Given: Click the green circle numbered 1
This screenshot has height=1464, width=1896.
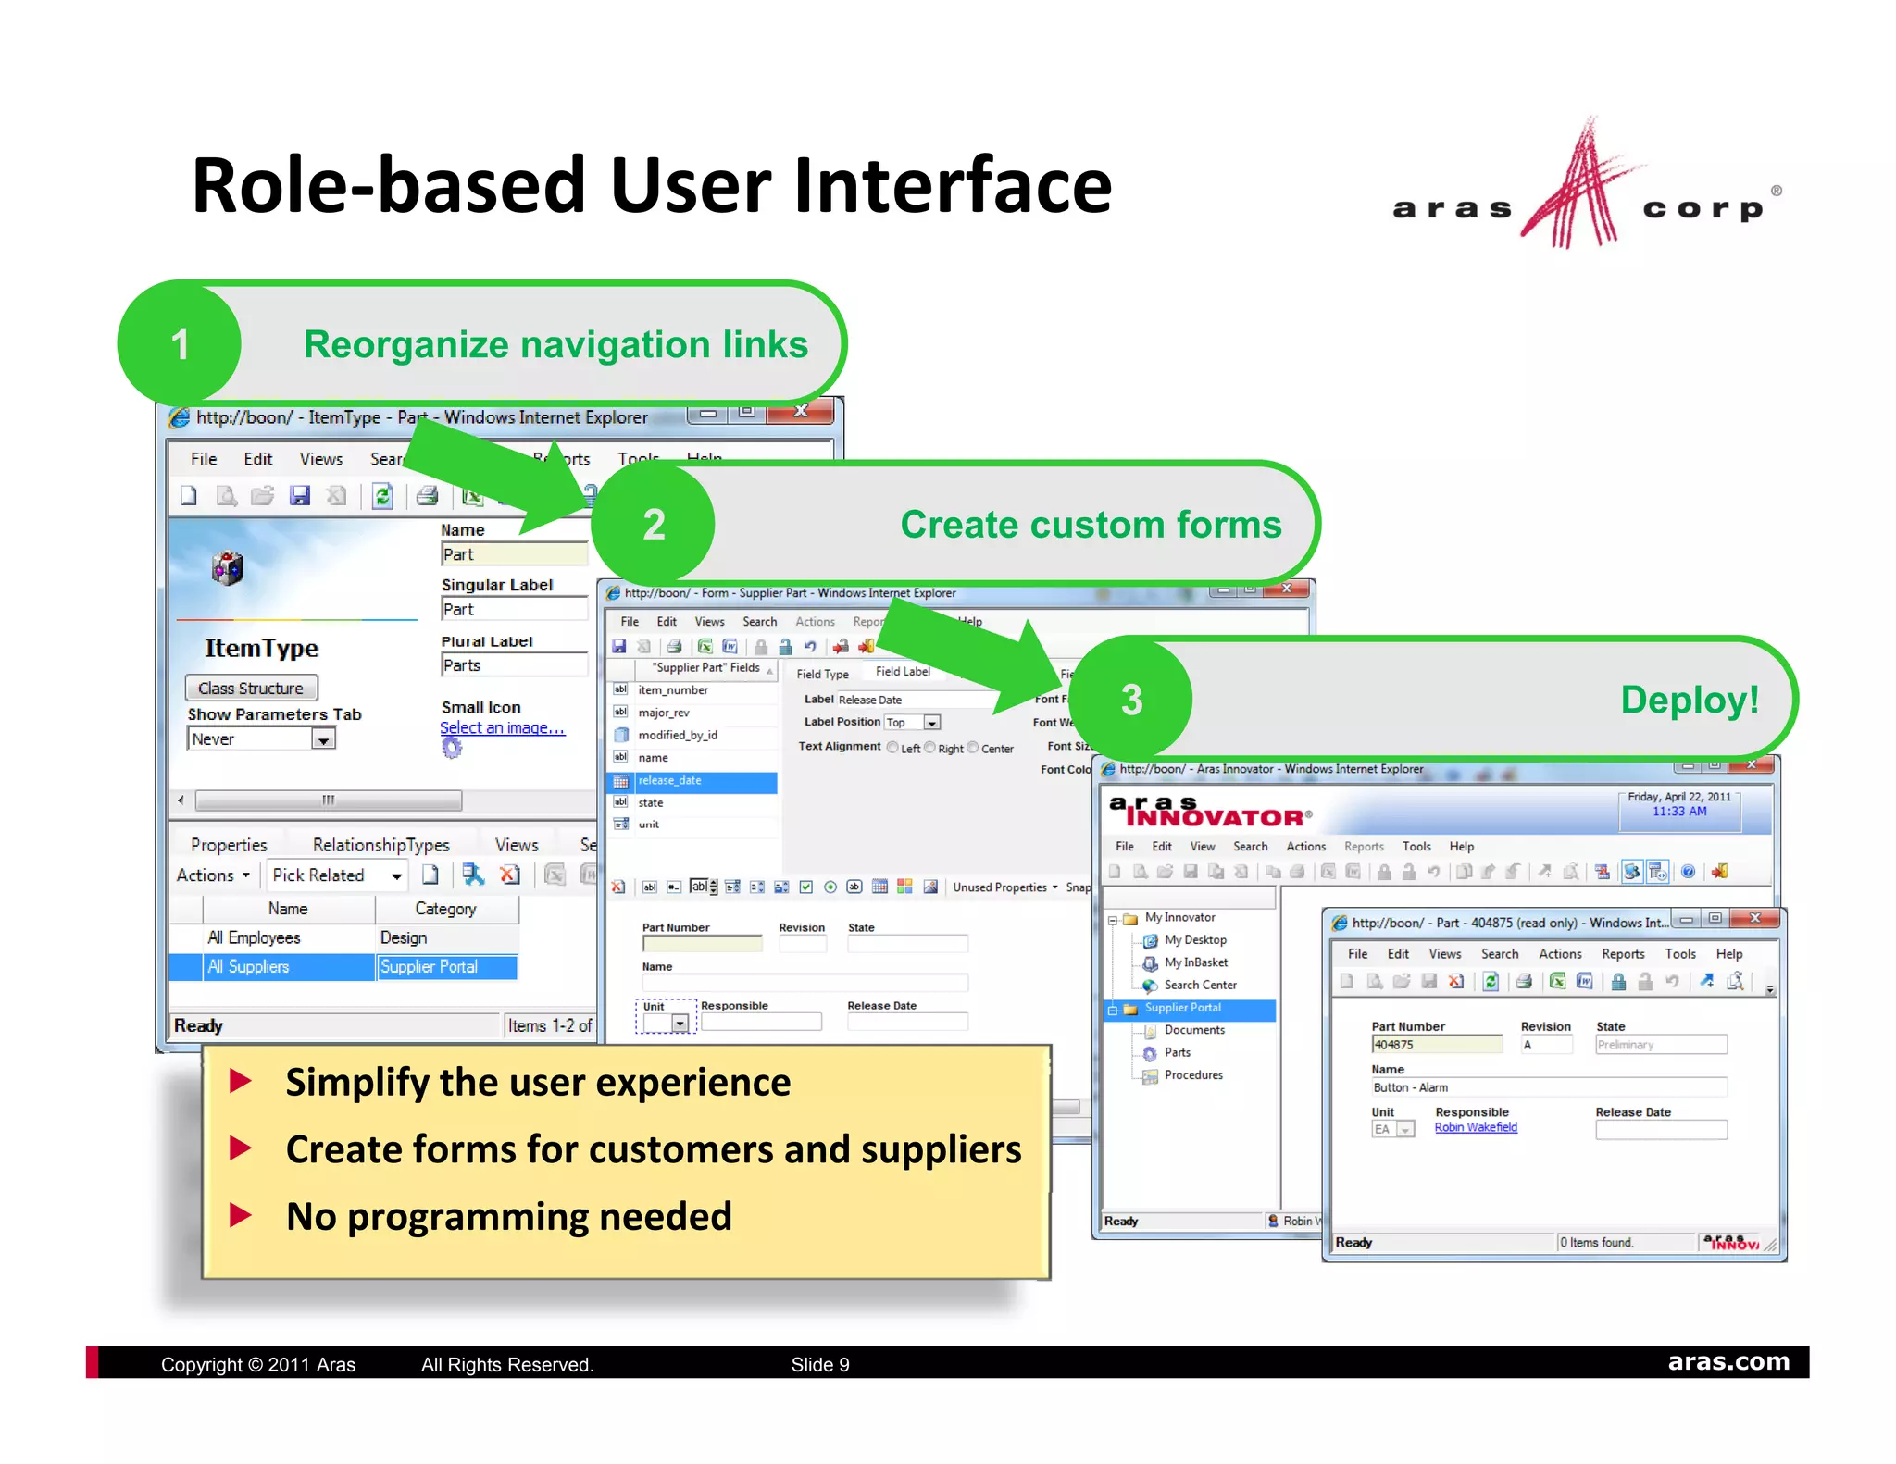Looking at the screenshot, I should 180,344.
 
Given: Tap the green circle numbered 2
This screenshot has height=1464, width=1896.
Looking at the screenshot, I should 654,525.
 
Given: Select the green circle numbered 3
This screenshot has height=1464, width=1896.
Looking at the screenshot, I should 1131,700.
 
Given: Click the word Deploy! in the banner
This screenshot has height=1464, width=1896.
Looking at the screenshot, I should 1689,700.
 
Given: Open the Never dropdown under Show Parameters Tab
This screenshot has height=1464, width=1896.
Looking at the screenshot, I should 322,739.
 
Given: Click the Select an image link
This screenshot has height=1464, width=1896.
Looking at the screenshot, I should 502,727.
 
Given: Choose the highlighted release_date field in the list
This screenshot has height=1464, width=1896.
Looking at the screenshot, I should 670,781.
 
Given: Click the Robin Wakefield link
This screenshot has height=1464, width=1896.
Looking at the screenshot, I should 1476,1127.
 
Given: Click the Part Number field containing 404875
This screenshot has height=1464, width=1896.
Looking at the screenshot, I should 1435,1045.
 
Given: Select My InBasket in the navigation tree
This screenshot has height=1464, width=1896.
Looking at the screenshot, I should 1195,962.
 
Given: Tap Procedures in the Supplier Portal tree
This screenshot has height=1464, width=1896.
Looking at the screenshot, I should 1193,1075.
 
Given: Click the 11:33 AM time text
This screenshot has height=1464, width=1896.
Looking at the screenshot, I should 1679,812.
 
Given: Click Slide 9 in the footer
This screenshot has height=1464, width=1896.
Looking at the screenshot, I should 820,1364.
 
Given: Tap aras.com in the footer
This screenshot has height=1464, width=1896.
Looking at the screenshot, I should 1728,1362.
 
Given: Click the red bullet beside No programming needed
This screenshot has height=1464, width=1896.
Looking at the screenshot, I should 241,1215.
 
